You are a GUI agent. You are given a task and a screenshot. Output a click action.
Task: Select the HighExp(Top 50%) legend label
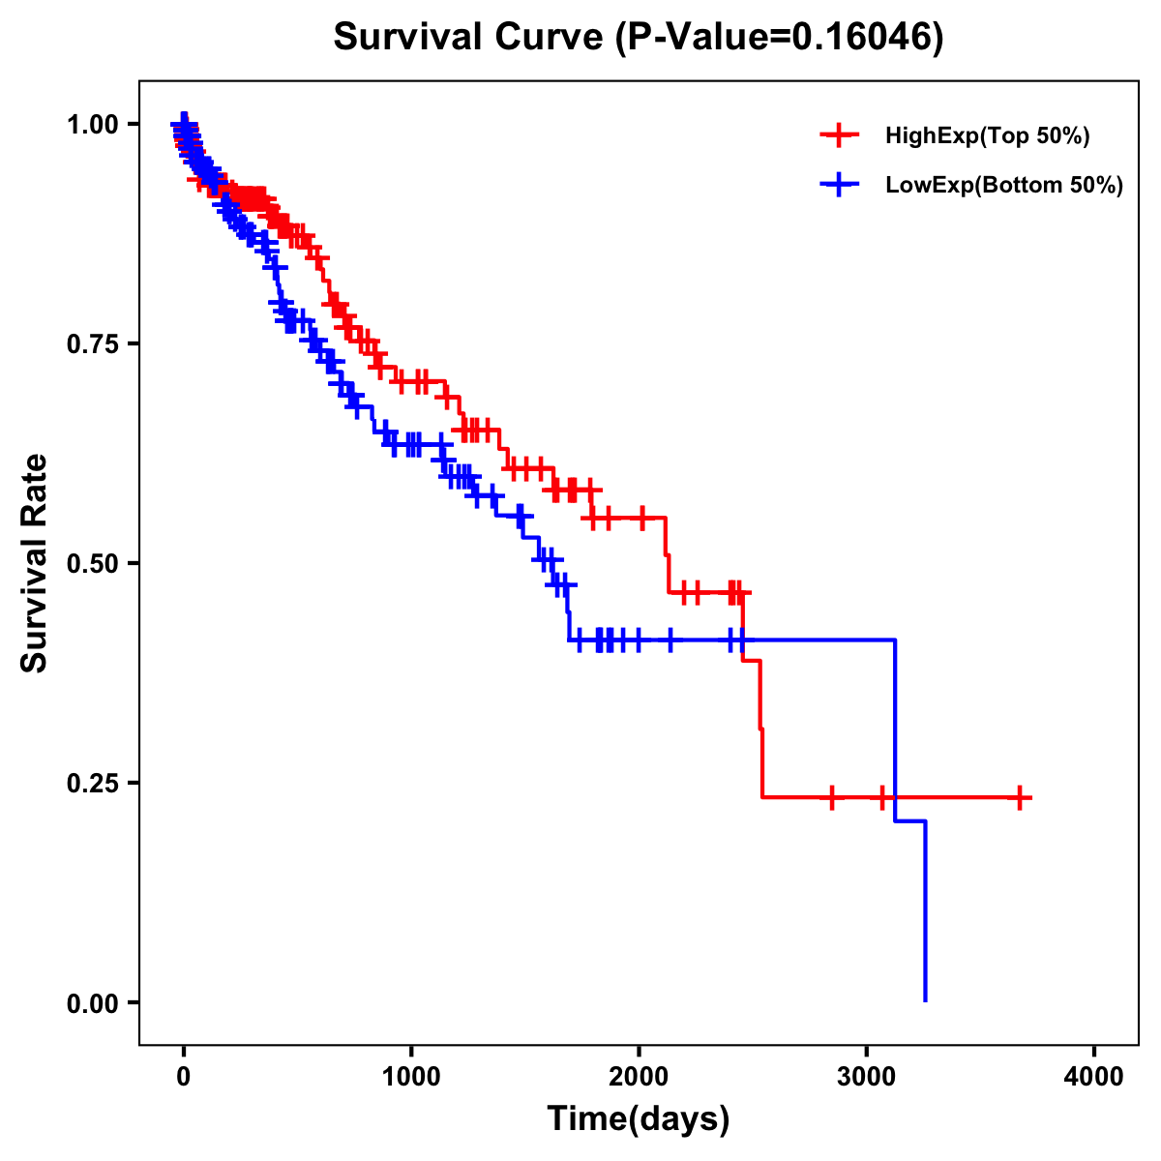987,135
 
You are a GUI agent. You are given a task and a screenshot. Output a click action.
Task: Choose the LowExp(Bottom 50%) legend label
1004,185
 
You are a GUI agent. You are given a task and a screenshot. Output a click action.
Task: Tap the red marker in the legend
839,135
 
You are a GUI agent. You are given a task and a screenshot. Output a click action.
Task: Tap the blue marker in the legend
839,185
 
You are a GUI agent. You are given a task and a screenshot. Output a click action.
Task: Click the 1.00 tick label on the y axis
93,124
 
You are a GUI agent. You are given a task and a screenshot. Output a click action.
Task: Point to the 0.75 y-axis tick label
93,343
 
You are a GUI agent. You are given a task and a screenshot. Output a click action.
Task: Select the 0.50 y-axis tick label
93,563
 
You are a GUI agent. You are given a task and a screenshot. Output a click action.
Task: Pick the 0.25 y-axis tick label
93,783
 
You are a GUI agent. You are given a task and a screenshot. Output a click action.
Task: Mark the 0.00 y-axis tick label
93,1002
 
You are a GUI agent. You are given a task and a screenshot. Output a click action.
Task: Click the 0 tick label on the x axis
184,1077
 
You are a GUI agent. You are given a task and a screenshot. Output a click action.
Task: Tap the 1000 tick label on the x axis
411,1077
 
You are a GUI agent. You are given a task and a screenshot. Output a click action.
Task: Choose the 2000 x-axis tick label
639,1077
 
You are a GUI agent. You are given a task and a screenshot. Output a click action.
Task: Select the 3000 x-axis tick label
867,1077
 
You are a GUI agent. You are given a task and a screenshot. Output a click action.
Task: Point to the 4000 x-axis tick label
1094,1077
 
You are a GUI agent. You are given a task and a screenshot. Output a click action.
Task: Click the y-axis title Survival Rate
35,562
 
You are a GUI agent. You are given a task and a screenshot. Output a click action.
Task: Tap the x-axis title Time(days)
639,1119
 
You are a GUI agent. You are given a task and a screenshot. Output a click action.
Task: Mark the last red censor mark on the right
1020,797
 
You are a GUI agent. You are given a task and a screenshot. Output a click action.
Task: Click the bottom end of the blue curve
925,999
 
